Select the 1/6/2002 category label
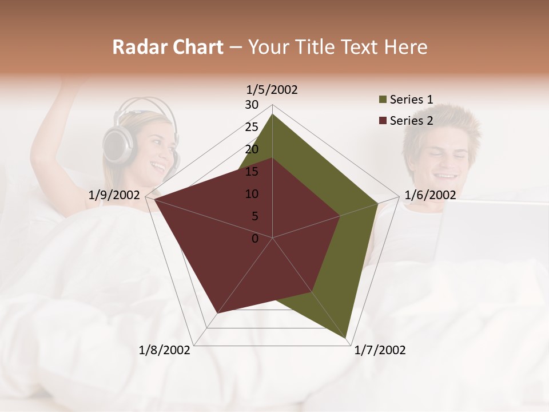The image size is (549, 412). [x=430, y=195]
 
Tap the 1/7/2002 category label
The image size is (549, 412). [x=380, y=350]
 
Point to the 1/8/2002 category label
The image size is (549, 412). [x=165, y=350]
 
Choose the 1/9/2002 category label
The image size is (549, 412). [x=114, y=195]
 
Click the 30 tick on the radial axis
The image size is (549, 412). [x=252, y=105]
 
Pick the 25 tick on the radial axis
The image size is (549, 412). [x=252, y=127]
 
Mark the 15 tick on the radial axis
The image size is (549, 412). [x=252, y=172]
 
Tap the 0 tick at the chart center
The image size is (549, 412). [x=255, y=239]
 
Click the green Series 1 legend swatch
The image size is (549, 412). [x=383, y=100]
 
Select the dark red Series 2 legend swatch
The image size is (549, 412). [x=383, y=121]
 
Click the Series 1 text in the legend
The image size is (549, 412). [x=411, y=100]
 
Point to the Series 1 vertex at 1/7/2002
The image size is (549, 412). [x=346, y=338]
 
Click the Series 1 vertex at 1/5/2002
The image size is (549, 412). [x=272, y=114]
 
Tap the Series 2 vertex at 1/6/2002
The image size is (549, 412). [x=340, y=216]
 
